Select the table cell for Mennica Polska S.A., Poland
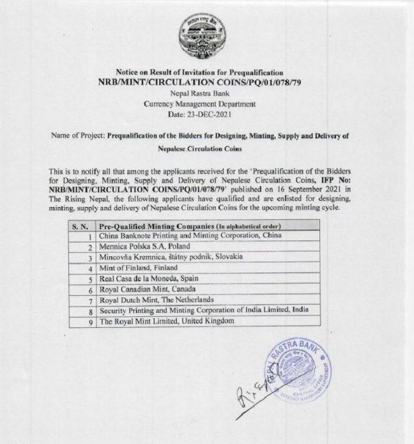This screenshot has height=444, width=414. (x=143, y=247)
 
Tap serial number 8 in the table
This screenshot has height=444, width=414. (x=89, y=311)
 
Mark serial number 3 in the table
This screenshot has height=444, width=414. (x=89, y=258)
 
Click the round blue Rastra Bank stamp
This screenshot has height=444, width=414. (x=301, y=373)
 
